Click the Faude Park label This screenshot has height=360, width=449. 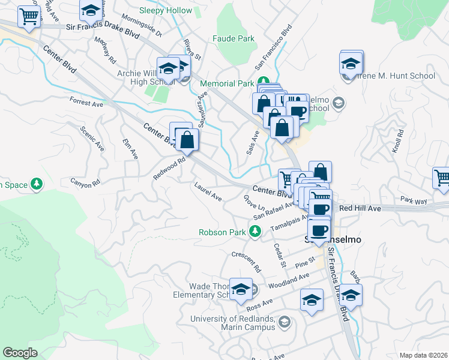[234, 38]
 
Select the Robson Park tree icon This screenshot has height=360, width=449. [255, 231]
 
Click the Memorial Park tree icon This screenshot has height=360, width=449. [263, 82]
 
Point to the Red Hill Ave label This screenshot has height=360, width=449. [360, 208]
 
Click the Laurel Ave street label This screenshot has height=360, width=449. [208, 192]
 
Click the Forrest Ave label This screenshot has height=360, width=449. [86, 103]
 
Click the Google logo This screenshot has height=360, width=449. [20, 353]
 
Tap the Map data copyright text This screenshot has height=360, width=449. [423, 355]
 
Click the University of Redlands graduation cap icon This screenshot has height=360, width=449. [284, 322]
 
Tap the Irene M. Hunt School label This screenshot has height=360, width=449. [396, 76]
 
